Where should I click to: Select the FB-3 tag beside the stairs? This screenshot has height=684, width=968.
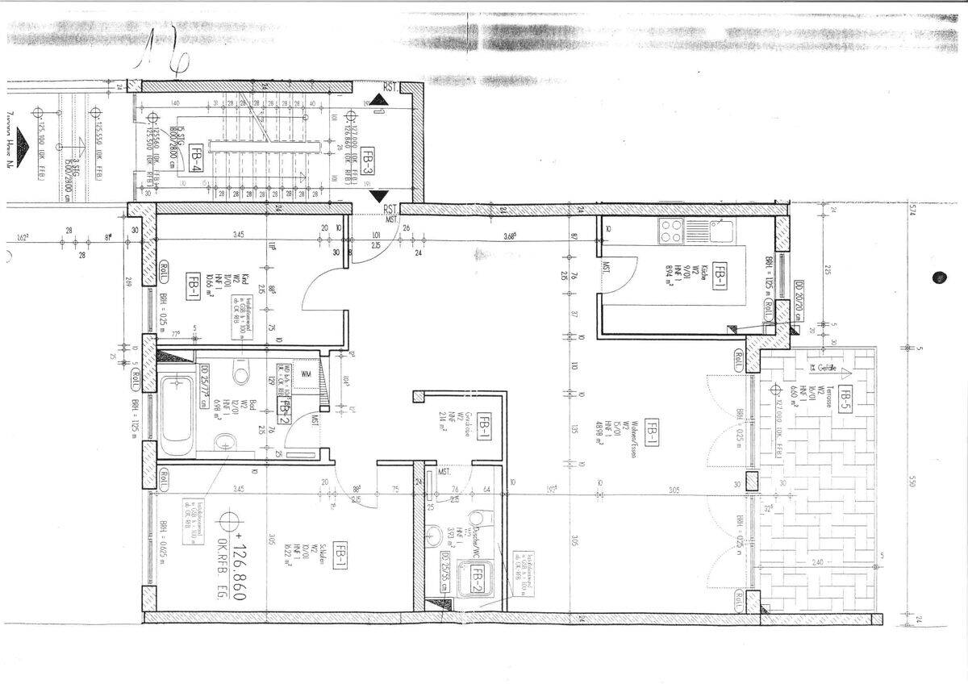(368, 162)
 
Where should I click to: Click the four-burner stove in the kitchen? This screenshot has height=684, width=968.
(671, 231)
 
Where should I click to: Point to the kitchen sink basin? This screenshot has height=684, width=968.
(721, 231)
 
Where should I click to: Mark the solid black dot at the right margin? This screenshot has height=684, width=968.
(939, 277)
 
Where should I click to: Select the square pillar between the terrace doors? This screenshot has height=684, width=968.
(752, 482)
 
